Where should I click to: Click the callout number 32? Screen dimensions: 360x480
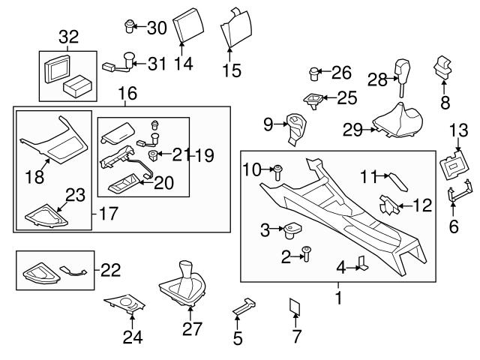[x=68, y=37]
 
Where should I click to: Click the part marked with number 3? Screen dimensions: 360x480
[x=292, y=229]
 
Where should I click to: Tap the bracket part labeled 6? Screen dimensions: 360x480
[x=455, y=197]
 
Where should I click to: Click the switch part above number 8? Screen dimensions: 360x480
[x=444, y=68]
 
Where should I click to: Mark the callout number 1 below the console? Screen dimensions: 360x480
[x=338, y=298]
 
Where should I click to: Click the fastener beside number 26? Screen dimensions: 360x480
[x=315, y=73]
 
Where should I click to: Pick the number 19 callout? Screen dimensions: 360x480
[x=204, y=156]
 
